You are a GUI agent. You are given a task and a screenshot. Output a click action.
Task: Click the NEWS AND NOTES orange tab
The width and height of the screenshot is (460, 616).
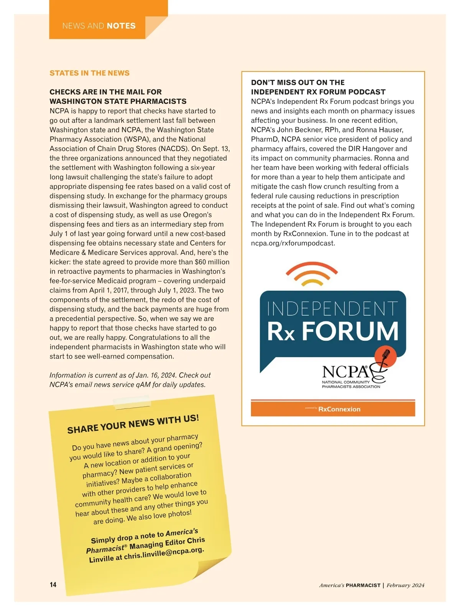(x=99, y=26)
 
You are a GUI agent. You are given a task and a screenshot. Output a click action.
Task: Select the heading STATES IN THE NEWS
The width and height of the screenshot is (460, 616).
(x=89, y=73)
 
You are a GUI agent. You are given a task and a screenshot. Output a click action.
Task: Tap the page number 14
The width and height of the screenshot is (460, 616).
(x=53, y=585)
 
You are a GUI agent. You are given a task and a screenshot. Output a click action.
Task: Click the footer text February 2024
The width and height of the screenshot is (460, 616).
(x=405, y=585)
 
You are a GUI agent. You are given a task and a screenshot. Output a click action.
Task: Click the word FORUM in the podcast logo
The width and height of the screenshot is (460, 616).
(x=350, y=331)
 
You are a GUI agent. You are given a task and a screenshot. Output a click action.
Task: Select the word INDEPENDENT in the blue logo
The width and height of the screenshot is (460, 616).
(x=332, y=309)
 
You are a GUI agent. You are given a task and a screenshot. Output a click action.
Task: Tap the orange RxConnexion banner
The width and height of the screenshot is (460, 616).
(x=333, y=409)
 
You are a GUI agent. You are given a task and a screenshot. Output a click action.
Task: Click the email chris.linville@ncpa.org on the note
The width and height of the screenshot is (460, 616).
(x=164, y=553)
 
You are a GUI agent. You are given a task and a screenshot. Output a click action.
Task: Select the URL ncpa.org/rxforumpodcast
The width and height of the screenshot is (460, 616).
(x=293, y=243)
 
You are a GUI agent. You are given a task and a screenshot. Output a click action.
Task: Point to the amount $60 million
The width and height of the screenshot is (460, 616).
(x=212, y=262)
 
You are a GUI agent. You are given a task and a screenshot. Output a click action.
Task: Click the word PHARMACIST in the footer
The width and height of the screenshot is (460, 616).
(x=363, y=585)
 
